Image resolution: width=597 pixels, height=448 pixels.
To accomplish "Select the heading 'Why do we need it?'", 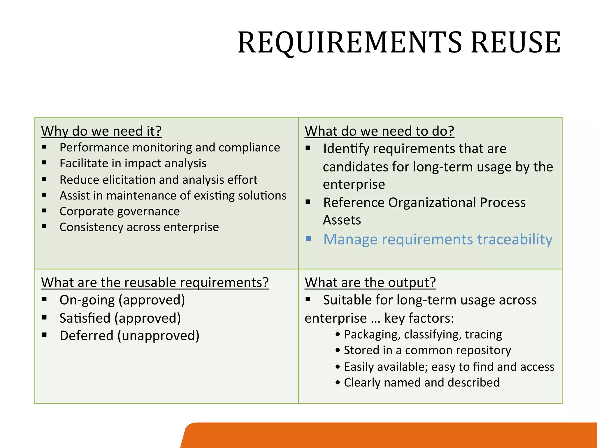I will point(101,131).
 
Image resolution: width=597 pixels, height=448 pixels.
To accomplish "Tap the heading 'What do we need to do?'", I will point(379,131).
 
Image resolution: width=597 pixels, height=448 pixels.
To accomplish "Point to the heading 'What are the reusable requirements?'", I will point(155,283).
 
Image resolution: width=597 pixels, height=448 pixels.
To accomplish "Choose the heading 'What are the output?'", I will point(370,283).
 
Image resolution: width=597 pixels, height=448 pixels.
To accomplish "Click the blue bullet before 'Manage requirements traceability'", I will point(308,239).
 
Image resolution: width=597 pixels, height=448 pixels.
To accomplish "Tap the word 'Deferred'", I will point(86,336).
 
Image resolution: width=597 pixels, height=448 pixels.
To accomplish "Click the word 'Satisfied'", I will point(85,318).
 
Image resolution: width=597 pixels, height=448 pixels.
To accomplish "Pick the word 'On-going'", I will point(87,300).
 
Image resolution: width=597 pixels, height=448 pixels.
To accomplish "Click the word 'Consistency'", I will point(91,227).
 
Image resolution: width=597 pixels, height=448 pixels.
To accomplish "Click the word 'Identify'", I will point(346,149).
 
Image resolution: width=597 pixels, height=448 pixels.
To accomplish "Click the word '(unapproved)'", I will point(159,336).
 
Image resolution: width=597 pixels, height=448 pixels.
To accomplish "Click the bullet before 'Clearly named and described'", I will point(338,383).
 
